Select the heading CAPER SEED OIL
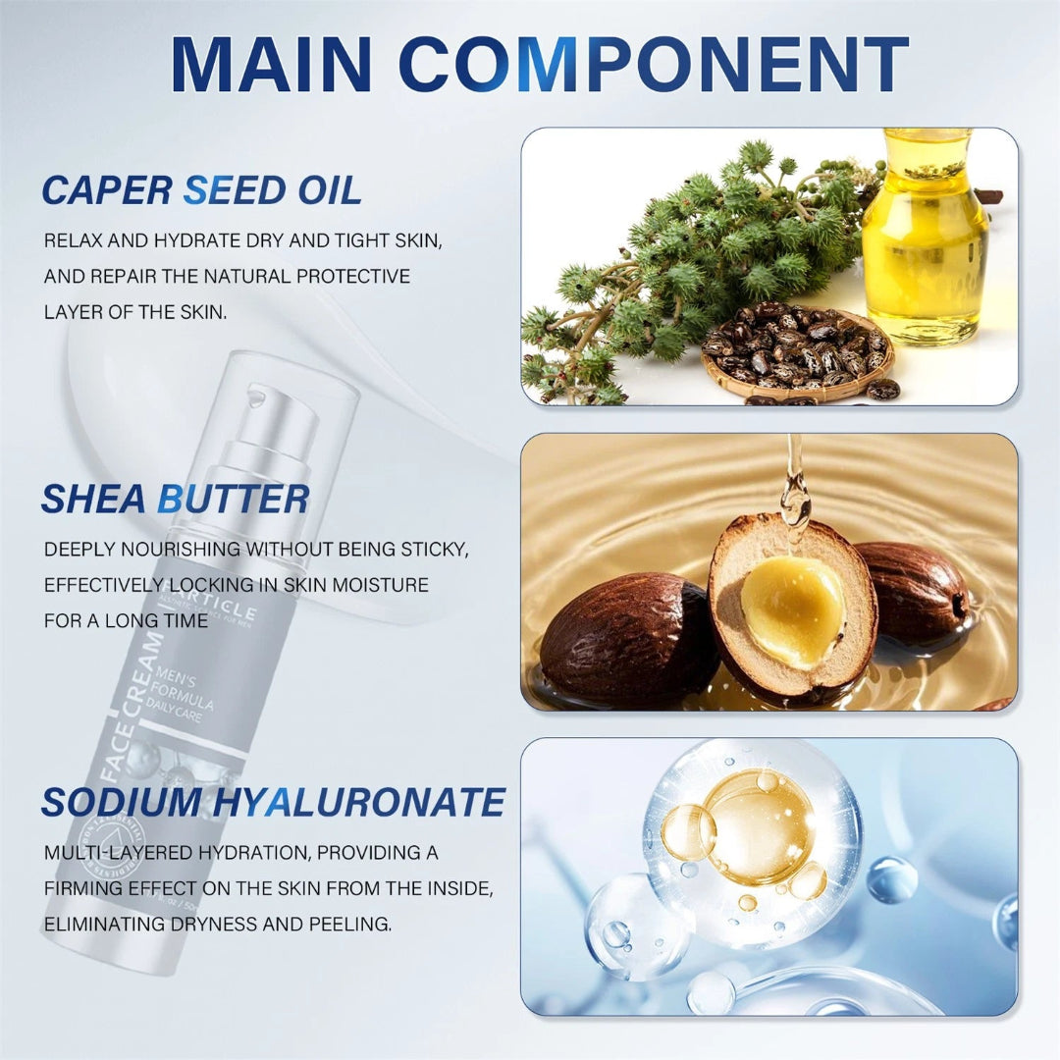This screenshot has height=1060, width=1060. pos(201,190)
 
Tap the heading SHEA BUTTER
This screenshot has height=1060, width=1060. pos(175,499)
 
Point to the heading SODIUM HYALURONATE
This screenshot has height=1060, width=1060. pos(273,802)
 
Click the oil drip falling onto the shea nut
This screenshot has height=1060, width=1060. pos(793,491)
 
